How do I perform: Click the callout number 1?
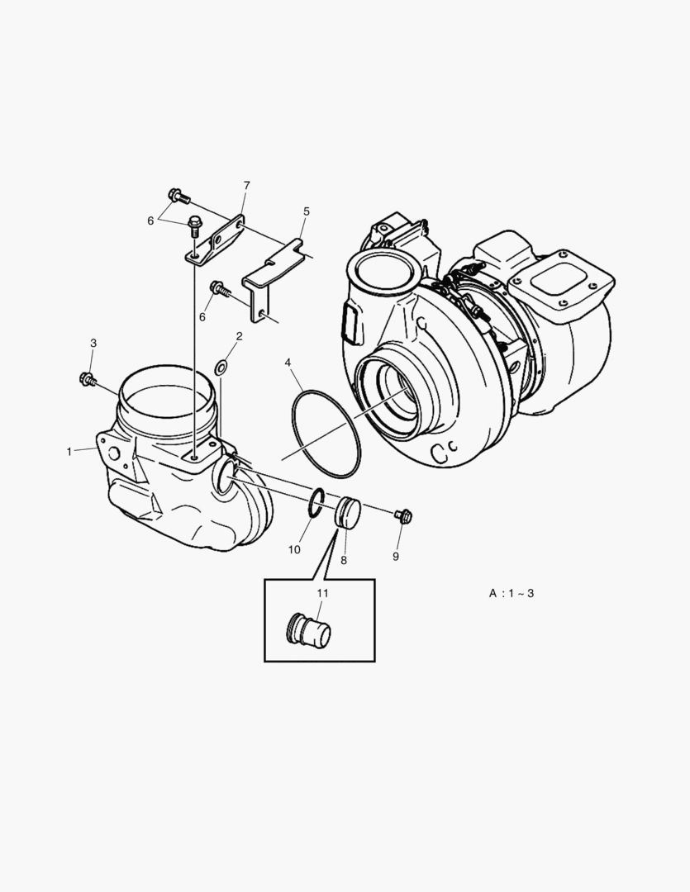69,451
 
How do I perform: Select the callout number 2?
239,336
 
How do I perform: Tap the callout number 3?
93,343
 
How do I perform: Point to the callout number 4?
288,363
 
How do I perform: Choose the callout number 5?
306,211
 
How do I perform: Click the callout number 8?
344,559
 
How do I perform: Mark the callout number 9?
396,557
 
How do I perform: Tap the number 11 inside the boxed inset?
322,593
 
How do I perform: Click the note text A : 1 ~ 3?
511,593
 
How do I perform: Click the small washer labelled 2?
221,366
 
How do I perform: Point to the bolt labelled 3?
87,379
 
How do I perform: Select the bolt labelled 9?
403,516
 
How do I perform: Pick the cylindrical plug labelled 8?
349,511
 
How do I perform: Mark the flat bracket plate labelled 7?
213,240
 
